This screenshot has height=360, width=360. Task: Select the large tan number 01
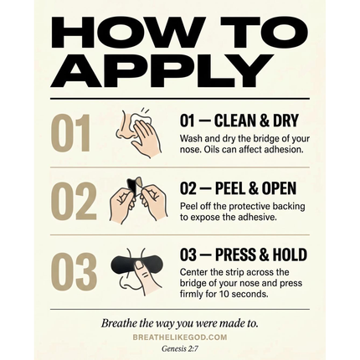click(71, 133)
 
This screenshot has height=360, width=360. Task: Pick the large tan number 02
click(74, 201)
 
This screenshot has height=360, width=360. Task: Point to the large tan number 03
click(74, 271)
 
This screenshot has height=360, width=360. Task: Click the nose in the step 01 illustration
click(123, 126)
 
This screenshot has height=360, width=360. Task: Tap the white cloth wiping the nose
click(141, 121)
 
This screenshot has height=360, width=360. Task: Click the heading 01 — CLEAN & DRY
click(239, 121)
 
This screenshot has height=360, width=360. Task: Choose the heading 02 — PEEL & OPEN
click(238, 188)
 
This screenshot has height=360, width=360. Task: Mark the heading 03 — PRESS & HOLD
click(244, 255)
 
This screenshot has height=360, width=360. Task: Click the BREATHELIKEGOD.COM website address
click(180, 337)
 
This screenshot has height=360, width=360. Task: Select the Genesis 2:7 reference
click(180, 348)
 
